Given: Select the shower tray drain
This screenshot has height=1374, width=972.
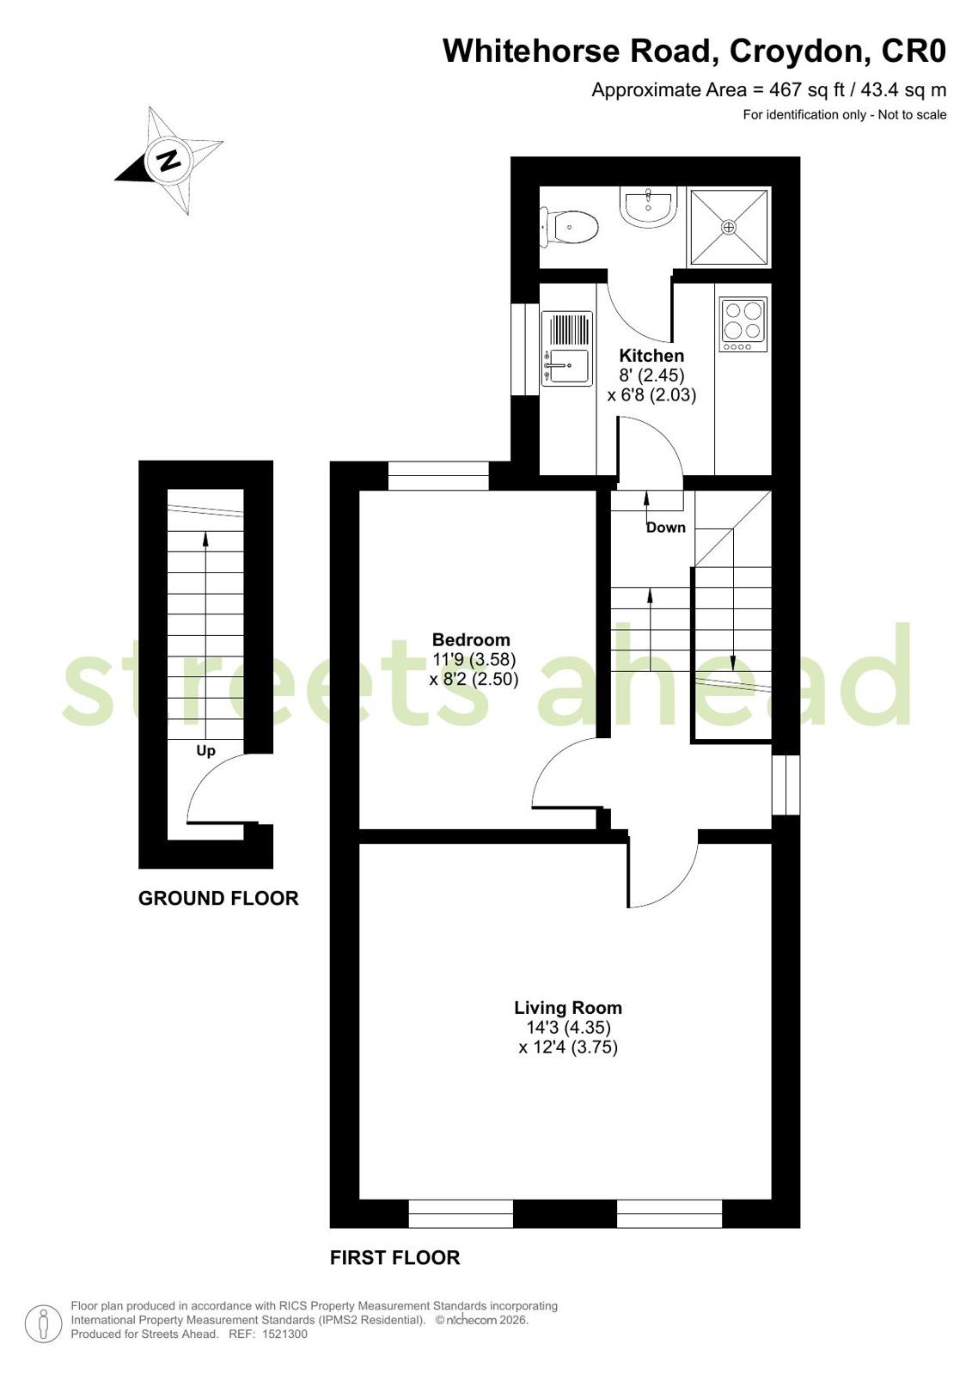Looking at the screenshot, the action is (x=729, y=227).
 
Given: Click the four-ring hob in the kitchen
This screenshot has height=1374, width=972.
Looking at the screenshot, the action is (x=743, y=325).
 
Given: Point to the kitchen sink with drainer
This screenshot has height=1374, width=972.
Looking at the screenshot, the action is (x=567, y=349).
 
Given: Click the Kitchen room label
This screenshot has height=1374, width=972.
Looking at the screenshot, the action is (x=651, y=356).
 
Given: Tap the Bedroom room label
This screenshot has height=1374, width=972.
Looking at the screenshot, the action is (x=471, y=640).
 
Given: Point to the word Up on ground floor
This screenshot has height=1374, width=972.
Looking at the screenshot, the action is (x=205, y=751).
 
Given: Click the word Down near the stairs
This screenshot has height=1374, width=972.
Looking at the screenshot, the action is (x=666, y=528).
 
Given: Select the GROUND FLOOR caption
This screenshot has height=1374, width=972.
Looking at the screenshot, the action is (x=218, y=898).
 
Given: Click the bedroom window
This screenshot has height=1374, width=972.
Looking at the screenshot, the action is (x=439, y=476).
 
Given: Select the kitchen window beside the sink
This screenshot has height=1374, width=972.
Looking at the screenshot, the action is (x=525, y=349).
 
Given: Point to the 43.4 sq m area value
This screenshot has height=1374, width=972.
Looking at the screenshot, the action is (x=904, y=90).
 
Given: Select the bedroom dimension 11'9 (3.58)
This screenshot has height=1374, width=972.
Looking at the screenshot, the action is (x=474, y=659).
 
